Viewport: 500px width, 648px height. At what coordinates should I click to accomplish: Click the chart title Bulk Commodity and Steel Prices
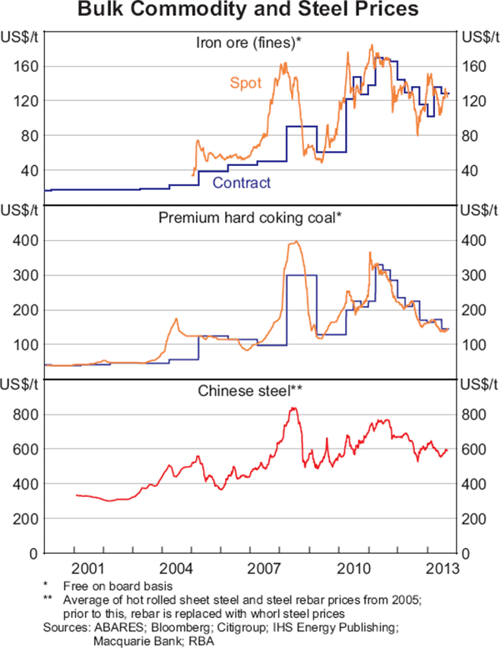point(250,12)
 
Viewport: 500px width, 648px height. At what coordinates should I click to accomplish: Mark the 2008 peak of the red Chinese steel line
point(293,408)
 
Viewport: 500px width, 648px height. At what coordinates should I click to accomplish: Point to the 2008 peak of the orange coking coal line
point(296,242)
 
